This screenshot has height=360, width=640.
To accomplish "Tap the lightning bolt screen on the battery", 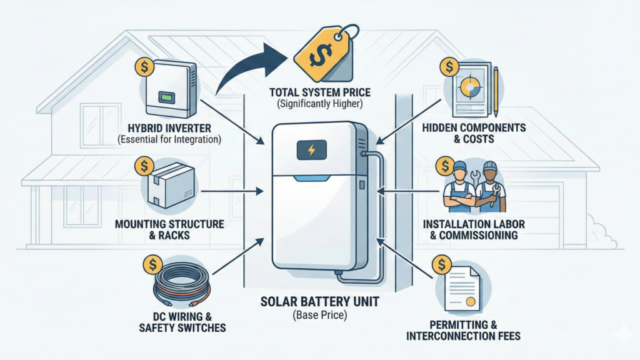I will (311, 150).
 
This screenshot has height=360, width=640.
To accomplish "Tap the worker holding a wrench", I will (487, 188).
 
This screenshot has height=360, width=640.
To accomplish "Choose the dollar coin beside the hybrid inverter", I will (144, 66).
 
